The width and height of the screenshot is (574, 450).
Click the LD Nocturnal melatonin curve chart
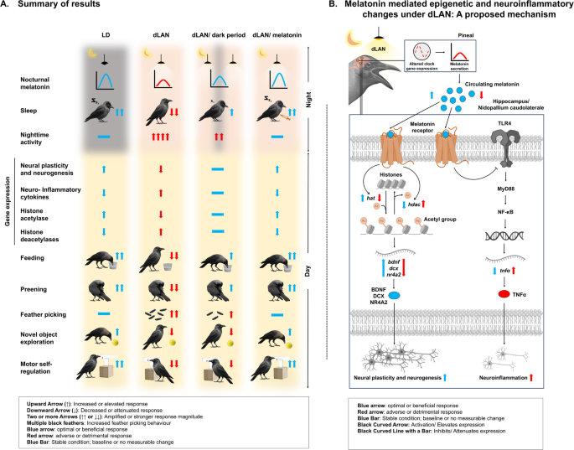point(106,80)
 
